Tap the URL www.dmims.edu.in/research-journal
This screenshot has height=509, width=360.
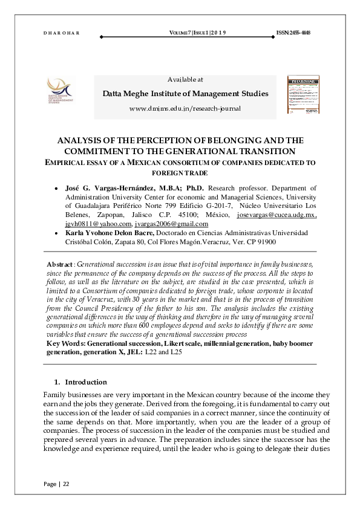tap(185, 108)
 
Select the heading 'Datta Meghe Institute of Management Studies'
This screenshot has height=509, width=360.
tap(185, 94)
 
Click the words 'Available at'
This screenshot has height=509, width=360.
tap(185, 79)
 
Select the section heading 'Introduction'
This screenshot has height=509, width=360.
tap(86, 382)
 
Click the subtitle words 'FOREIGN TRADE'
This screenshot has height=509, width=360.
tap(185, 173)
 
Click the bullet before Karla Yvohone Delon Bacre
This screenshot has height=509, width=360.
tap(57, 233)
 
